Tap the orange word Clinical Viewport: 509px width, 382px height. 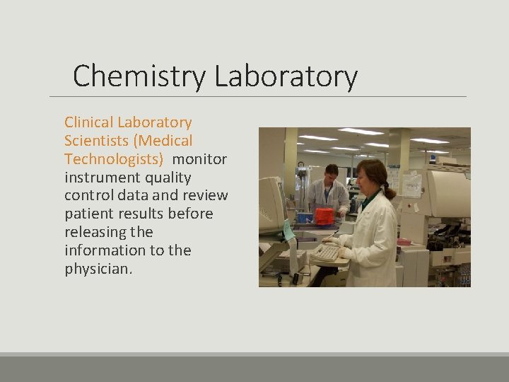pyautogui.click(x=89, y=122)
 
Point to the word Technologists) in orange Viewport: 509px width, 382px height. pyautogui.click(x=114, y=159)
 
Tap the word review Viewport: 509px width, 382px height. pyautogui.click(x=205, y=195)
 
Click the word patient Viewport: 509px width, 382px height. pyautogui.click(x=87, y=214)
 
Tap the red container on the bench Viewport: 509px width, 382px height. pyautogui.click(x=324, y=216)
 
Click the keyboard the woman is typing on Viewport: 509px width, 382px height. pyautogui.click(x=326, y=253)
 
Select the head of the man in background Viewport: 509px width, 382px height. pyautogui.click(x=330, y=172)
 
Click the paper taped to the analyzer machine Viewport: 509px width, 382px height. pyautogui.click(x=412, y=184)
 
